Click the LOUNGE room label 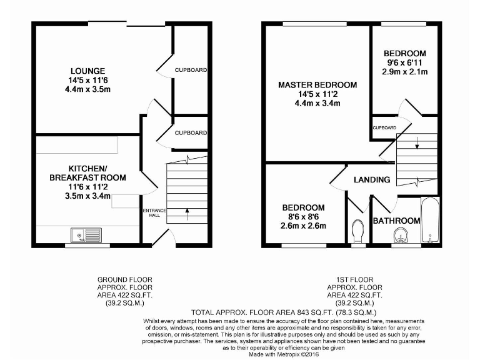pos(87,71)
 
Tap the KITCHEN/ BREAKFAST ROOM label pos(87,173)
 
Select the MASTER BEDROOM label pos(317,85)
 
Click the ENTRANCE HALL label pos(154,213)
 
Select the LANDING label pos(372,180)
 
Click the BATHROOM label pos(396,221)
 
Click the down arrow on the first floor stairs pos(417,147)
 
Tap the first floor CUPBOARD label pos(384,127)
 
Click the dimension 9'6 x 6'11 pos(405,62)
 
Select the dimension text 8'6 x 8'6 pos(303,217)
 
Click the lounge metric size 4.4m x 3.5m pos(87,89)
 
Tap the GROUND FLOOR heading pos(124,279)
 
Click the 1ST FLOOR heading pos(356,279)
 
